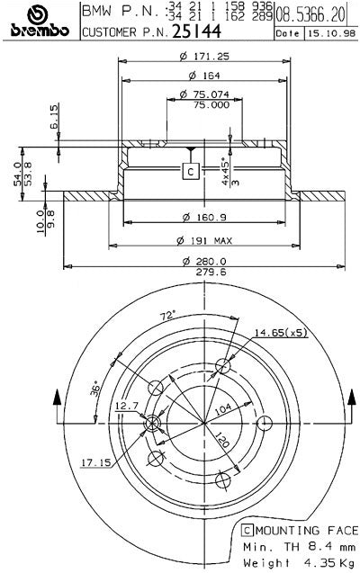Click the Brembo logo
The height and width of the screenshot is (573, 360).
pos(39,21)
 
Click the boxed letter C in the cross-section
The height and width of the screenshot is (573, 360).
pos(190,170)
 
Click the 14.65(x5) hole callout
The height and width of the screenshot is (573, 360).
pos(280,333)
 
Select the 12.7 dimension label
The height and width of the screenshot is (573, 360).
pos(125,406)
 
